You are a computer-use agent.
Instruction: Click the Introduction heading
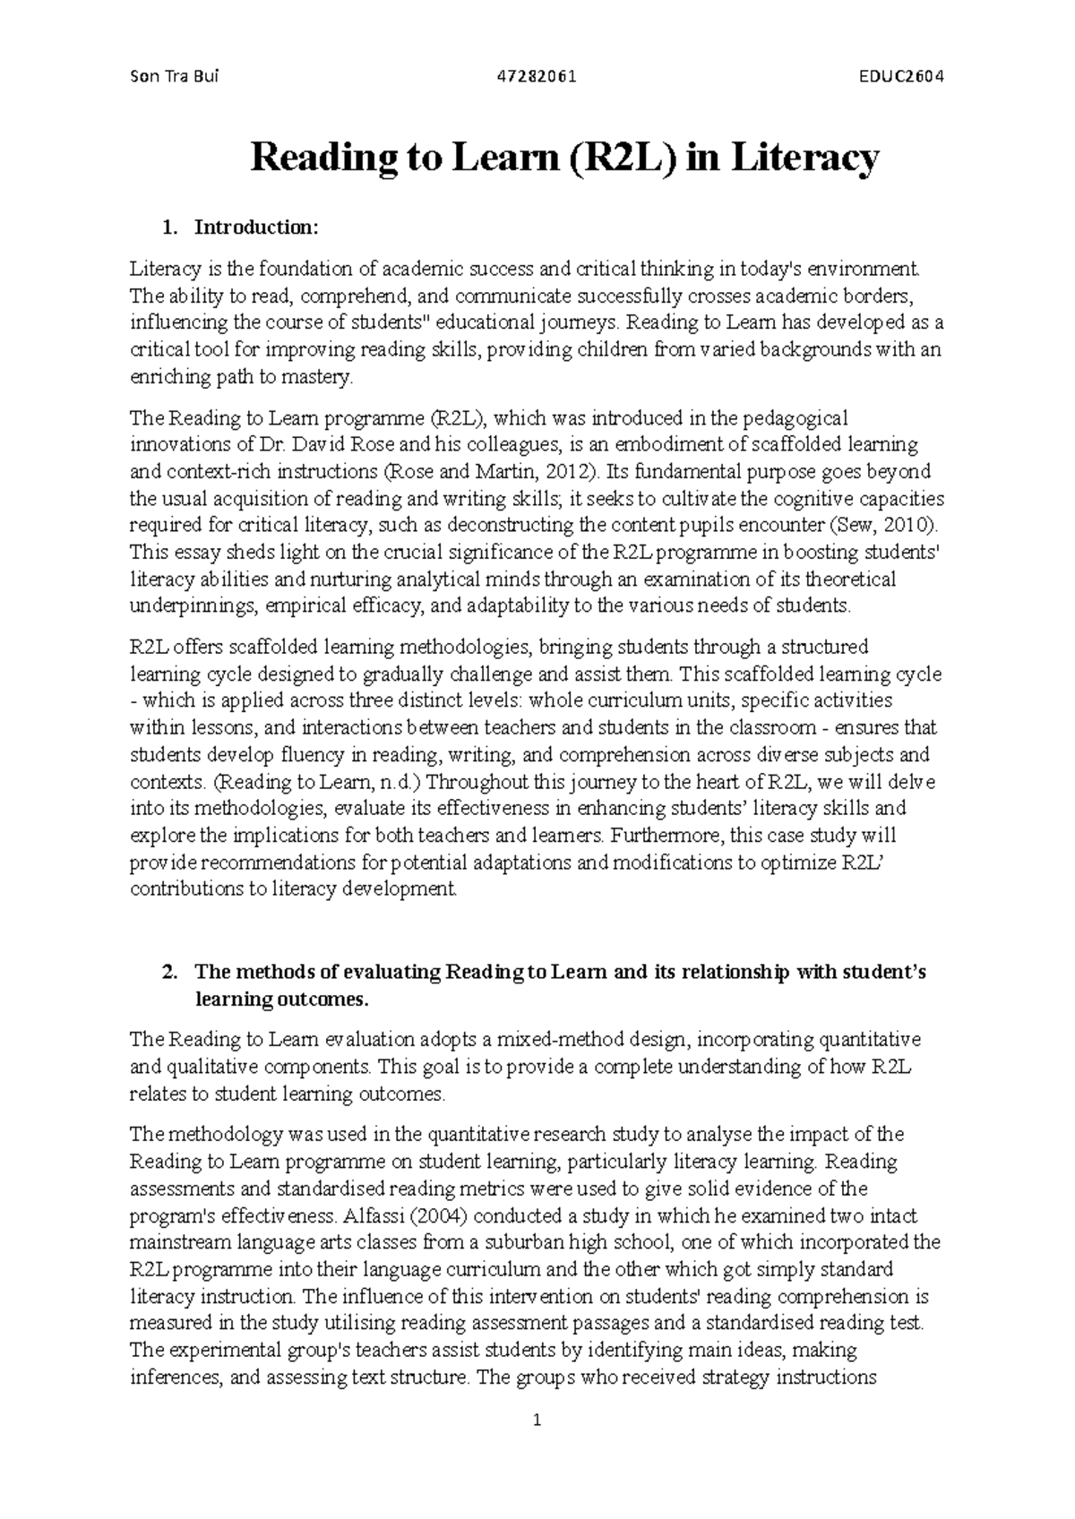point(255,227)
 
